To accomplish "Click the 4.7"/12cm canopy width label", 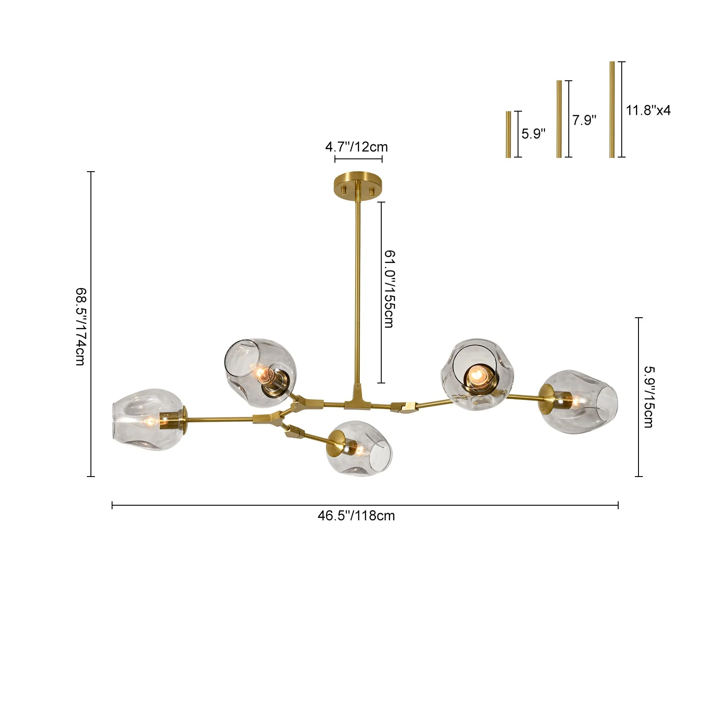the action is coord(357,146).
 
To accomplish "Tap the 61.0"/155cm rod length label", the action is coord(389,289).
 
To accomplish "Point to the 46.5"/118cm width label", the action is coord(356,515).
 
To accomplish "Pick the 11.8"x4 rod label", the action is coord(648,110).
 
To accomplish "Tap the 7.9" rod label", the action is coord(584,120).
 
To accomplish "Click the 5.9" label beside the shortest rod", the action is coord(533,133).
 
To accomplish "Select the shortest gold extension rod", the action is coord(508,134).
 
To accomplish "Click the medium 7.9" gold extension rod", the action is coord(559,119).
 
